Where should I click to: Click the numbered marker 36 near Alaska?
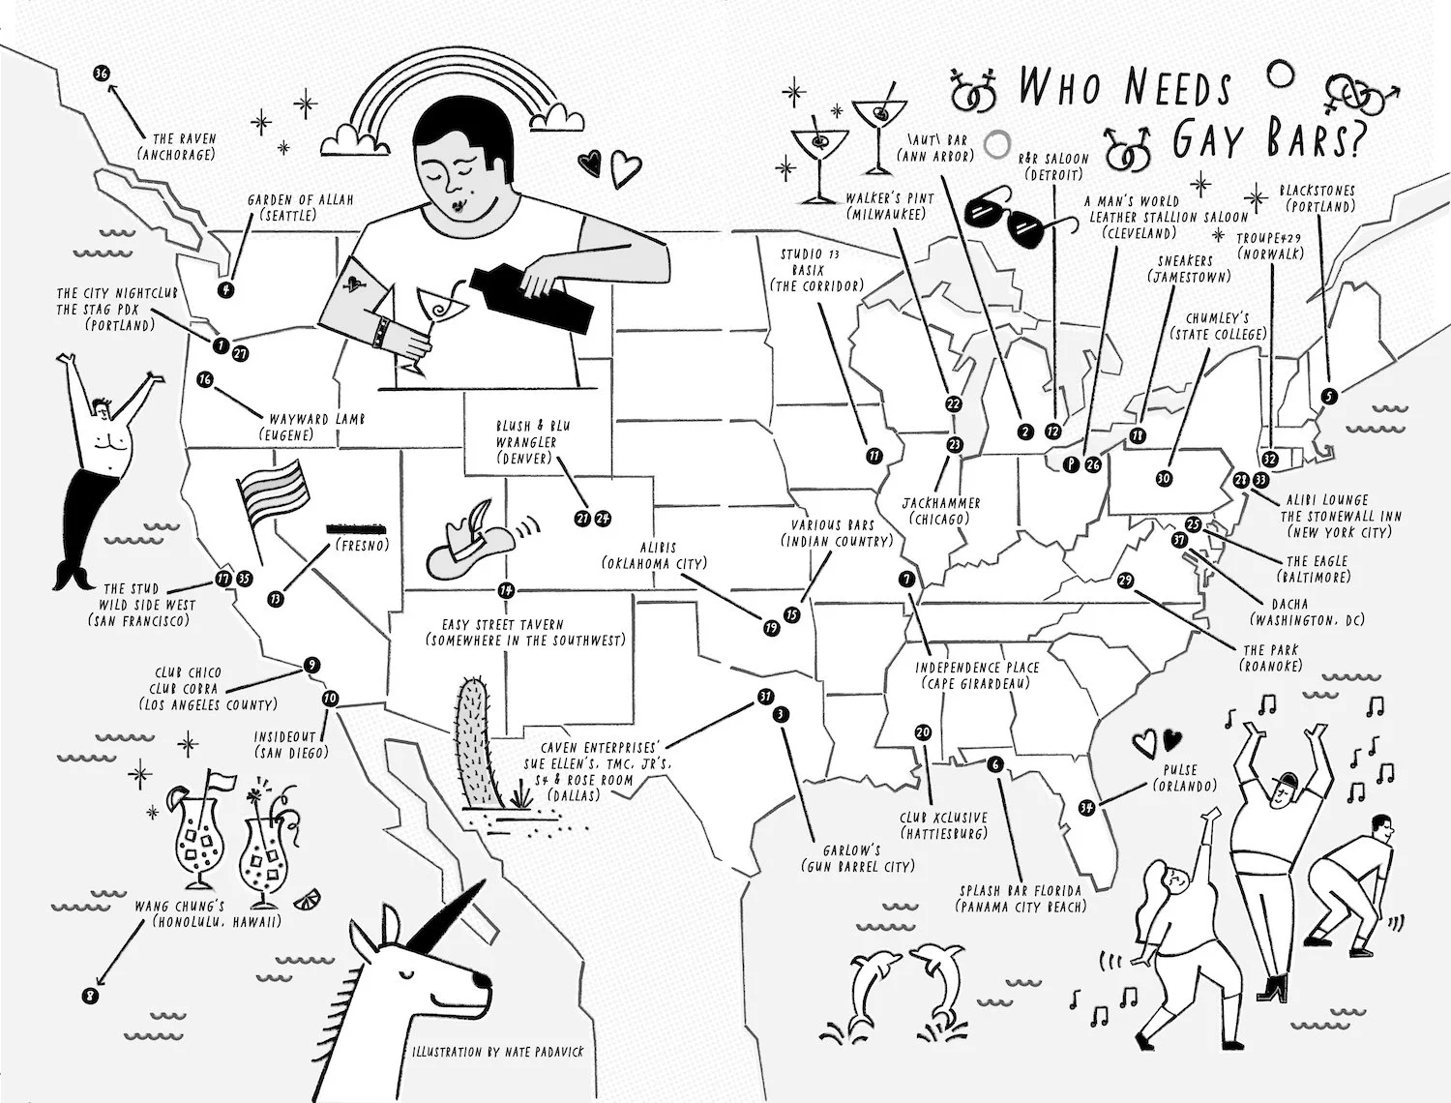(102, 74)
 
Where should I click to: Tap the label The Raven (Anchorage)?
(177, 146)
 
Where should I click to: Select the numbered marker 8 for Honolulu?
(92, 995)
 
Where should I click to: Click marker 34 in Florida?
(1086, 808)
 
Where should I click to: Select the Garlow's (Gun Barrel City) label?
(857, 858)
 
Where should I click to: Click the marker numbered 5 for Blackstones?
(1329, 395)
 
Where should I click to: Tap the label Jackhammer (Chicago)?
(941, 511)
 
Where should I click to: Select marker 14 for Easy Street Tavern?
(505, 590)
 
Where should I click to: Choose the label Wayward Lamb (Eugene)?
(304, 427)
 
